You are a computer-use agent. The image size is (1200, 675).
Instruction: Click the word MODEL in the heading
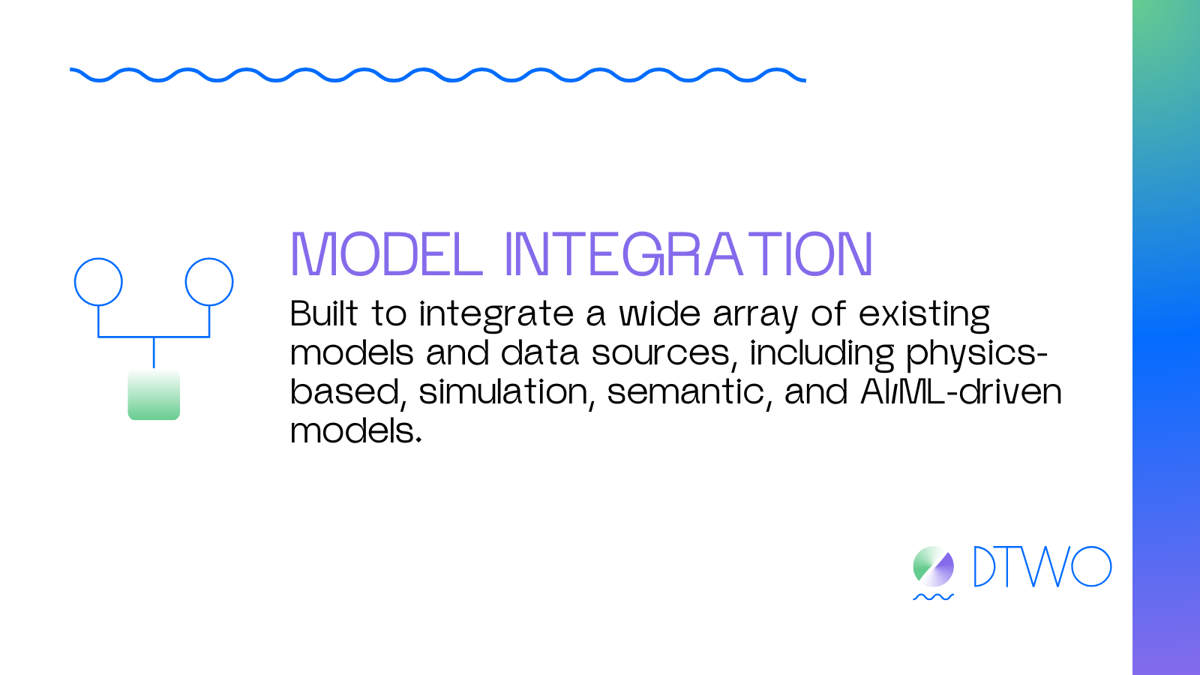387,254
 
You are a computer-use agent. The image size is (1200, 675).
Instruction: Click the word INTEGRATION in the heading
689,254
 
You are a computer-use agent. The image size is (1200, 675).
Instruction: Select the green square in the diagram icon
154,394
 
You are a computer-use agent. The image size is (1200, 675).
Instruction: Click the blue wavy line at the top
438,75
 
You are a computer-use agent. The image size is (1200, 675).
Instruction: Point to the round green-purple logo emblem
933,567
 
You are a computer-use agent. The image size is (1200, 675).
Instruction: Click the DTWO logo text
1042,567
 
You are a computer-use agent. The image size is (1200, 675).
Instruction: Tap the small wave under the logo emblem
933,597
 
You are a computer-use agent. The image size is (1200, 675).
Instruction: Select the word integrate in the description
496,315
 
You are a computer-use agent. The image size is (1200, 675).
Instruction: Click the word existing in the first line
925,315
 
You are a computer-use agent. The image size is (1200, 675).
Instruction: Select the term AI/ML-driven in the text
961,391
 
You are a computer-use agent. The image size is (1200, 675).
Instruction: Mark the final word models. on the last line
356,430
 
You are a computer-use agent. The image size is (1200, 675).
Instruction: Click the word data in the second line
540,352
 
